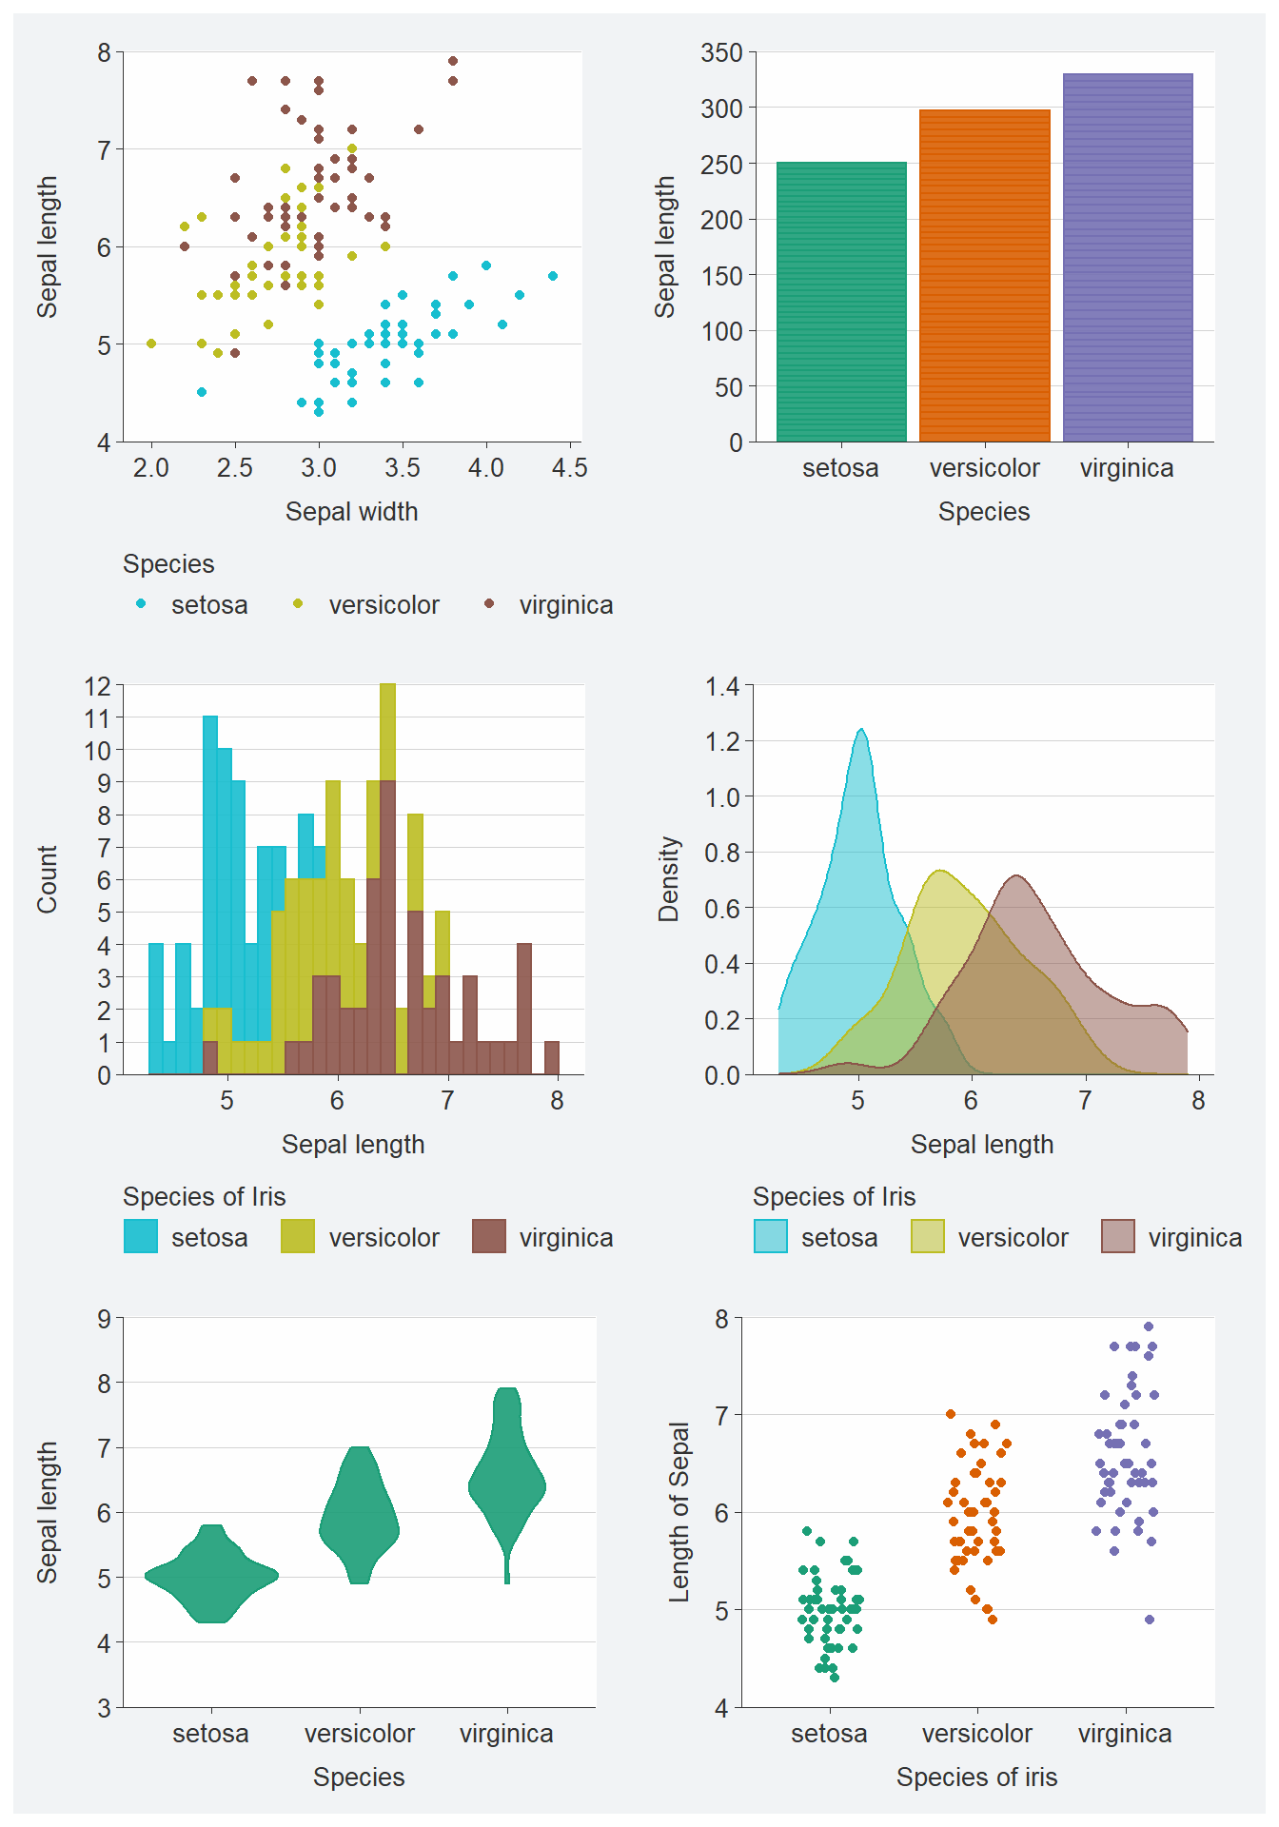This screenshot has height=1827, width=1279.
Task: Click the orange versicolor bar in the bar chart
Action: pos(985,276)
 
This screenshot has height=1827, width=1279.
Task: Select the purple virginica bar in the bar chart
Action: pos(1128,257)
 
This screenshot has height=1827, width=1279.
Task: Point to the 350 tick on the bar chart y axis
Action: pos(722,53)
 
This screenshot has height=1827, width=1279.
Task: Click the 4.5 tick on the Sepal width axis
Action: pos(569,468)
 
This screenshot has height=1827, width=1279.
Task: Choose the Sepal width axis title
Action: pos(352,512)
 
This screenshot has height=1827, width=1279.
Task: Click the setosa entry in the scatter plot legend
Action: pos(209,605)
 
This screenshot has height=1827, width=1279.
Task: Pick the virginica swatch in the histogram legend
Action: pos(489,1237)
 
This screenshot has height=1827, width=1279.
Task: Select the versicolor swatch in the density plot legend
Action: pos(928,1237)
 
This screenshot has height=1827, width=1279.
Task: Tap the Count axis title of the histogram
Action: pos(48,879)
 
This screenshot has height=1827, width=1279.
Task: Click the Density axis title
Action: pos(669,879)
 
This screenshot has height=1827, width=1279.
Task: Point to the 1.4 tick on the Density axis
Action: pos(722,687)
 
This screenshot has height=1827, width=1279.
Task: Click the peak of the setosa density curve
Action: pos(861,730)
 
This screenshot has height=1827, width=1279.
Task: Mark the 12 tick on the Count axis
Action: pos(98,686)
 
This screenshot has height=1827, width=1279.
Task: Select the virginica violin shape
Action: pos(507,1484)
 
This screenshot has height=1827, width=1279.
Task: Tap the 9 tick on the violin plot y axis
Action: pos(105,1319)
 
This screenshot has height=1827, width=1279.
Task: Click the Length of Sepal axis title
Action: pos(679,1512)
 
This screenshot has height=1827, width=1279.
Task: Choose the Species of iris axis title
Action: pos(976,1778)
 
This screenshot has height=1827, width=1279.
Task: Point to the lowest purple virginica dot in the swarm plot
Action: pos(1150,1620)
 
